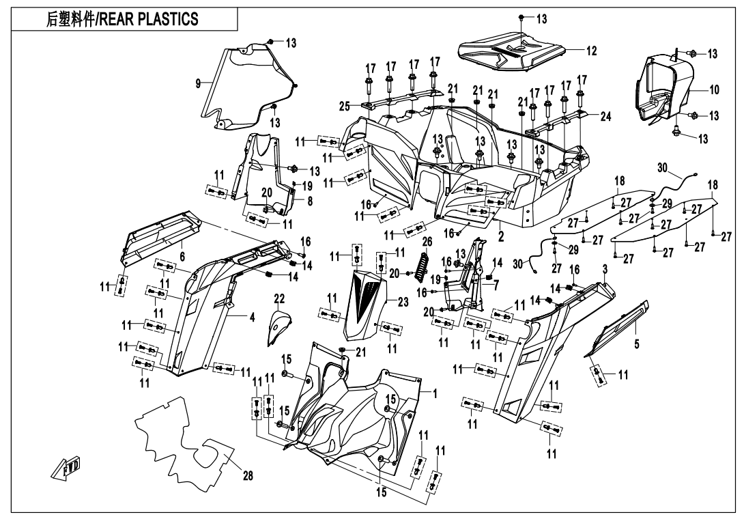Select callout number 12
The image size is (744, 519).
pyautogui.click(x=591, y=51)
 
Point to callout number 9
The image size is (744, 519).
pyautogui.click(x=198, y=83)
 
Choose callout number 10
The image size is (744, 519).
pyautogui.click(x=714, y=89)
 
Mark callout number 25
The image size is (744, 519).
pyautogui.click(x=345, y=106)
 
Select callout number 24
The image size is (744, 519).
pyautogui.click(x=605, y=116)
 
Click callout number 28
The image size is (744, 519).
pyautogui.click(x=247, y=477)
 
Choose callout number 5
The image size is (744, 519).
pyautogui.click(x=636, y=343)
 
